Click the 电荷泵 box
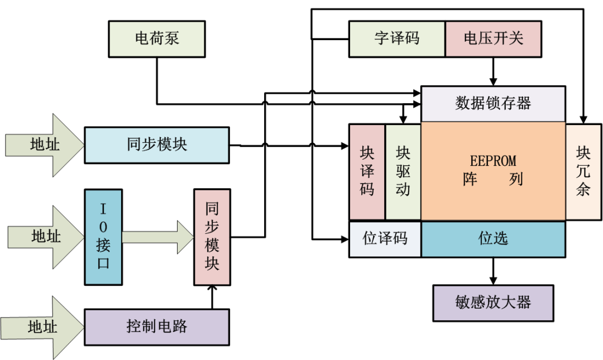tap(157, 39)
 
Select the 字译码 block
tap(397, 39)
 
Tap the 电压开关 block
tap(494, 39)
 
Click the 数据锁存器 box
tap(493, 104)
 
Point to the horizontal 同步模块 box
tap(157, 145)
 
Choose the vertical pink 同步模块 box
tap(212, 237)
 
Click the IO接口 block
tap(103, 237)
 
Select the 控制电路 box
tap(157, 327)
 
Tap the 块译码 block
tap(367, 171)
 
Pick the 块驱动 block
tap(403, 171)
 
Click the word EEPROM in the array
tap(493, 161)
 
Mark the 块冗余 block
tap(583, 171)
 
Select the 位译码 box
tap(385, 239)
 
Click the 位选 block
tap(493, 239)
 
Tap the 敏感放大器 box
tap(493, 303)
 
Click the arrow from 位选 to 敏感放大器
tap(493, 271)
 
